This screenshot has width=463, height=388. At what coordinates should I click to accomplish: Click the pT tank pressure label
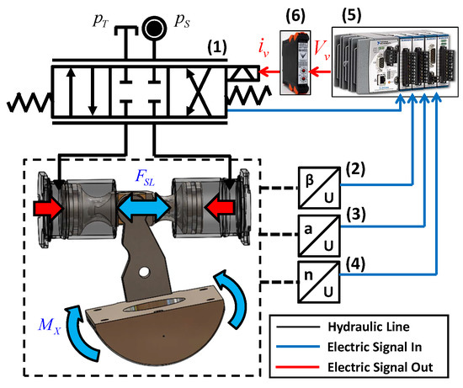pyautogui.click(x=101, y=21)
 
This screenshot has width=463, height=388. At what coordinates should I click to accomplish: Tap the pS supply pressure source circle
pyautogui.click(x=154, y=28)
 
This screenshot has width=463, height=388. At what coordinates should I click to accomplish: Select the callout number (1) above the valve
pyautogui.click(x=217, y=47)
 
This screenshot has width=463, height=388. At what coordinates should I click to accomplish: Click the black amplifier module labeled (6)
pyautogui.click(x=295, y=62)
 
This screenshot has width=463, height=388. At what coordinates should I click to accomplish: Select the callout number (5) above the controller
pyautogui.click(x=351, y=15)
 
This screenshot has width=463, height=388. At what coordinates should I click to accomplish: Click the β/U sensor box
pyautogui.click(x=319, y=188)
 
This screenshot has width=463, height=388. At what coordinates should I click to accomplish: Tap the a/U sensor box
pyautogui.click(x=319, y=236)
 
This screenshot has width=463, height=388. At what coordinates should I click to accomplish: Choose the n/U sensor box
pyautogui.click(x=319, y=282)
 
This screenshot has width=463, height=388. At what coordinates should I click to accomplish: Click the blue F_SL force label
pyautogui.click(x=145, y=177)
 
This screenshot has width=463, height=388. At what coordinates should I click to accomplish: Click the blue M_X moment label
pyautogui.click(x=50, y=325)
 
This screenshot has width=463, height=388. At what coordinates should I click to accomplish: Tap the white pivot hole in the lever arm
pyautogui.click(x=144, y=272)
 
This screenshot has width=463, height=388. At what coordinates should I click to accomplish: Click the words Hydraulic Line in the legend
pyautogui.click(x=369, y=327)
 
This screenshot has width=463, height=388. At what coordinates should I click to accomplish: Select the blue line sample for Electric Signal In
pyautogui.click(x=298, y=347)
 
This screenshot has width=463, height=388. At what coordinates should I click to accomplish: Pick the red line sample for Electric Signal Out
pyautogui.click(x=298, y=367)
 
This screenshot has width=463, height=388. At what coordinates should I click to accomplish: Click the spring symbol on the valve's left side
pyautogui.click(x=29, y=102)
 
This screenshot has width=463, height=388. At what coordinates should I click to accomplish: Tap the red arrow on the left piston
pyautogui.click(x=49, y=209)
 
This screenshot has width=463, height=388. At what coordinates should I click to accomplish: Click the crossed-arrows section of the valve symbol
pyautogui.click(x=198, y=91)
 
